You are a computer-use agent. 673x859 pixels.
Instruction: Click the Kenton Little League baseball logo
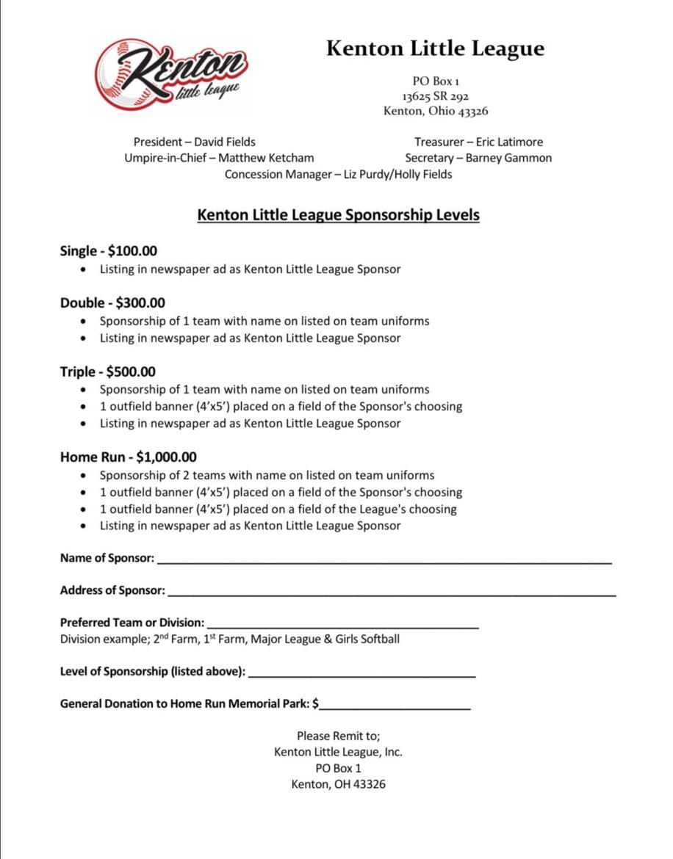pyautogui.click(x=170, y=75)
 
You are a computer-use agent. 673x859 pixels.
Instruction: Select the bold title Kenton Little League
pyautogui.click(x=435, y=48)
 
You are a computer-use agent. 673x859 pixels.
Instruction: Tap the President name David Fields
pyautogui.click(x=225, y=142)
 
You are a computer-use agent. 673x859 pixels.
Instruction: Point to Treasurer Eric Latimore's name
pyautogui.click(x=509, y=142)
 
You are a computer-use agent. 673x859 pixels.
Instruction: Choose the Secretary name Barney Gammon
pyautogui.click(x=508, y=158)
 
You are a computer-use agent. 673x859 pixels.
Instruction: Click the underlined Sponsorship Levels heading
pyautogui.click(x=338, y=216)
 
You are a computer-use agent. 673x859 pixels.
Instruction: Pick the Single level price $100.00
pyautogui.click(x=132, y=251)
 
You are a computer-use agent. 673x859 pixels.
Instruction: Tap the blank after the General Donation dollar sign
pyautogui.click(x=395, y=706)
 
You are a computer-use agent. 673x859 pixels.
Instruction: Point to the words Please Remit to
pyautogui.click(x=338, y=736)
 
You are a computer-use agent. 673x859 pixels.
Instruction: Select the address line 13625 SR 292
pyautogui.click(x=435, y=96)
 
